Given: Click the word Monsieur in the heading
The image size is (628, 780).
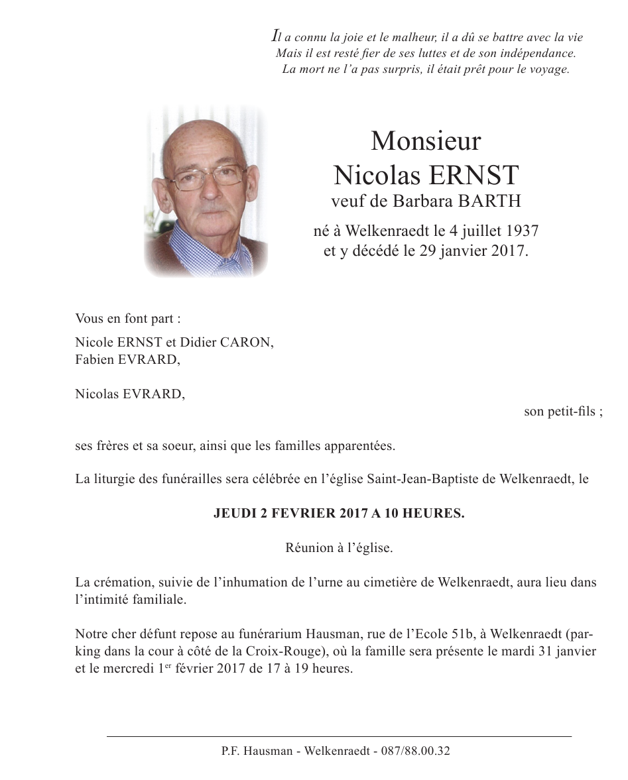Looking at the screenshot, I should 426,141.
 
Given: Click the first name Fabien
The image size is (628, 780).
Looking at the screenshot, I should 94,360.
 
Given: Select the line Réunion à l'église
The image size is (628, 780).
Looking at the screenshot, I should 340,548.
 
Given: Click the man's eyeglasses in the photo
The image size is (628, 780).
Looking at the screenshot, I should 208,176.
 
